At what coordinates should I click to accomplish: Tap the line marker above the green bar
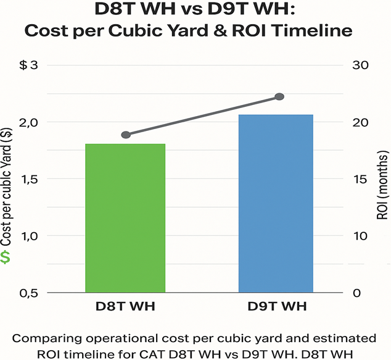point(126,135)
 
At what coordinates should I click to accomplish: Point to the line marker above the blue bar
point(279,96)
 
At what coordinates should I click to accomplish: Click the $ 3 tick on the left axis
point(28,65)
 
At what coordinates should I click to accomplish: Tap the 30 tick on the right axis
point(360,65)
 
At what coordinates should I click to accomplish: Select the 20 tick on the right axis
point(360,122)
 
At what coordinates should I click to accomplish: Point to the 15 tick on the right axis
point(360,179)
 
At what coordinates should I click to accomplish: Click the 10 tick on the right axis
point(360,236)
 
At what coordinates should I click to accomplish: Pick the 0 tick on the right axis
point(356,293)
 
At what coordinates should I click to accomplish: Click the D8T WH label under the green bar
point(125,307)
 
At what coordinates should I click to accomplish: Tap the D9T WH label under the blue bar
point(275,307)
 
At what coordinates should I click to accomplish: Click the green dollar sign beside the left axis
point(6,257)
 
